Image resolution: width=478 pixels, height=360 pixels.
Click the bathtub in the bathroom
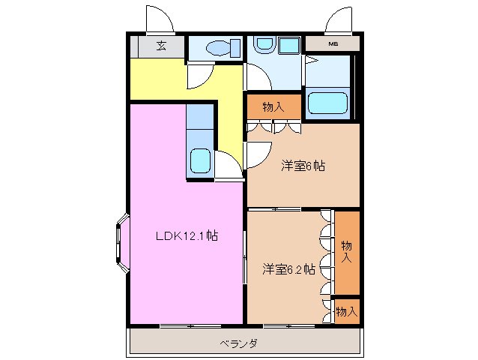point(327,102)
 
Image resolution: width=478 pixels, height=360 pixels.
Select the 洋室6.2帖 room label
point(288,268)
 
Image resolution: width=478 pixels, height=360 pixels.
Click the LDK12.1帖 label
point(187,235)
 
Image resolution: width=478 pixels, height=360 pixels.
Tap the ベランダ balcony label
point(238,343)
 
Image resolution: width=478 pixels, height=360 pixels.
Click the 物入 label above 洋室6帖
point(273,107)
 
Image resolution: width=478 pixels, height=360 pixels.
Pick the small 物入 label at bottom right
point(346,310)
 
